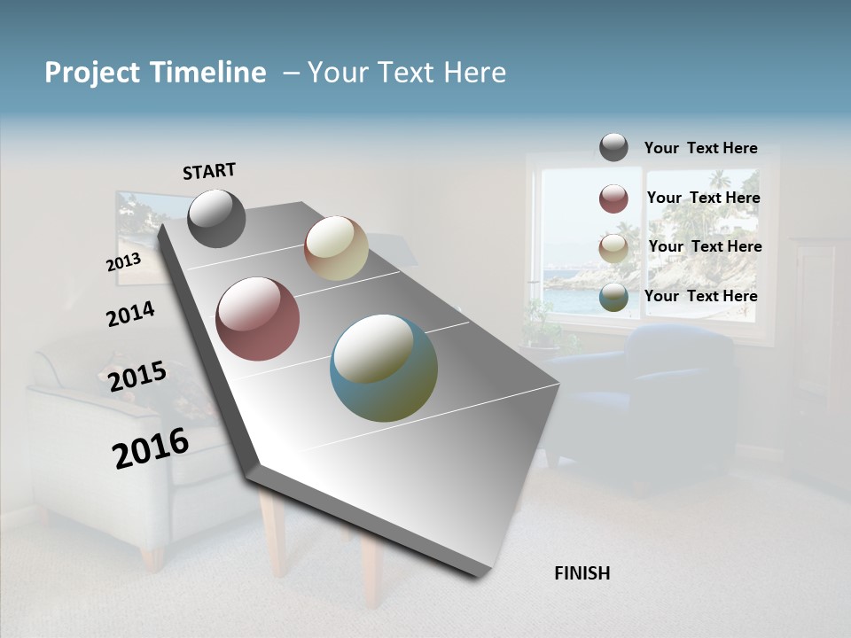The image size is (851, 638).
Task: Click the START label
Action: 209,171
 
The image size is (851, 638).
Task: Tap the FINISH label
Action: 582,573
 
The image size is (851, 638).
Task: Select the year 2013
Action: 123,262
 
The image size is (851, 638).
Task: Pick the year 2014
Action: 130,315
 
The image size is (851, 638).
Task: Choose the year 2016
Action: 150,448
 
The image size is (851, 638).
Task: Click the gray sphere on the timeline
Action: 216,218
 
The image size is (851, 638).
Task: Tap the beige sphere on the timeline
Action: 336,248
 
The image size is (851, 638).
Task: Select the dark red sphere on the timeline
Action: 257,319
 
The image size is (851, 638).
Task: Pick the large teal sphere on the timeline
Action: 384,367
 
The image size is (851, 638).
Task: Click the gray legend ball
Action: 613,147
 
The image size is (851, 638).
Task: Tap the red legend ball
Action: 613,198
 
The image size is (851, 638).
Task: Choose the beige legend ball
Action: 613,248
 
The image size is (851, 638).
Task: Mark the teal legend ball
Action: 613,298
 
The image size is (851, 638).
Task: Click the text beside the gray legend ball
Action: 700,149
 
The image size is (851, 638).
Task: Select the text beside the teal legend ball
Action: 700,296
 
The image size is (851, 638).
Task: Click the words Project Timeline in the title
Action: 155,73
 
